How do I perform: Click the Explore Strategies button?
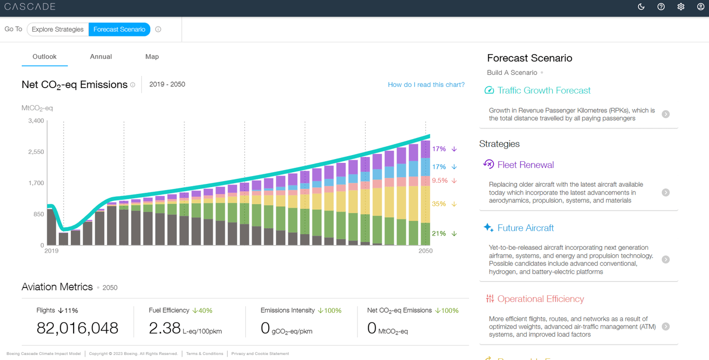pyautogui.click(x=58, y=29)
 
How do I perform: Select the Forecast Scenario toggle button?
pyautogui.click(x=119, y=29)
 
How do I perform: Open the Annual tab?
pyautogui.click(x=101, y=56)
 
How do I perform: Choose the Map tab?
pyautogui.click(x=152, y=56)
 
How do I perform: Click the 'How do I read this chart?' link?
pyautogui.click(x=426, y=85)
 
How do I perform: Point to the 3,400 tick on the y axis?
pyautogui.click(x=35, y=121)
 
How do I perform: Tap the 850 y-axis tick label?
pyautogui.click(x=38, y=214)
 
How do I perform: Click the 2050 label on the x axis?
pyautogui.click(x=425, y=251)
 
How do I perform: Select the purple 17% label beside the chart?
pyautogui.click(x=439, y=149)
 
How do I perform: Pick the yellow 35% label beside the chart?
pyautogui.click(x=439, y=204)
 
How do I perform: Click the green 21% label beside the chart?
pyautogui.click(x=439, y=234)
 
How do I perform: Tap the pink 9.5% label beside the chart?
pyautogui.click(x=439, y=181)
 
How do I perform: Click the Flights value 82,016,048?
pyautogui.click(x=78, y=328)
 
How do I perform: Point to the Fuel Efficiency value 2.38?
pyautogui.click(x=164, y=328)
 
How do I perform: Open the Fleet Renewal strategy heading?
pyautogui.click(x=525, y=164)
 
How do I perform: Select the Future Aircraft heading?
pyautogui.click(x=525, y=228)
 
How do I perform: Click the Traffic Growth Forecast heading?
pyautogui.click(x=543, y=90)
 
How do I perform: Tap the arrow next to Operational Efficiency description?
pyautogui.click(x=665, y=327)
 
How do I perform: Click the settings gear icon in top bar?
pyautogui.click(x=681, y=7)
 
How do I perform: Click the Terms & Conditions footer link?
pyautogui.click(x=204, y=353)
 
